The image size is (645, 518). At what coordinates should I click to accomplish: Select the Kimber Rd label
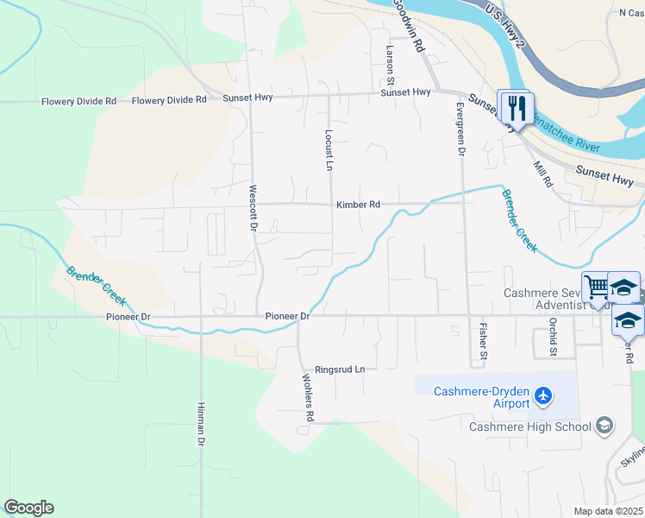358,205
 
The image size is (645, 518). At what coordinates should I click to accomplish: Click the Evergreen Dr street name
460,129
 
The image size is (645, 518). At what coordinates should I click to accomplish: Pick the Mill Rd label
542,174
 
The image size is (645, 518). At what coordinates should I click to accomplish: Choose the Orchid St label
553,337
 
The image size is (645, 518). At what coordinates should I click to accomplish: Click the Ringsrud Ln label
340,369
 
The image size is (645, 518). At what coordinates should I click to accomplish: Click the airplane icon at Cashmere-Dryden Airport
542,396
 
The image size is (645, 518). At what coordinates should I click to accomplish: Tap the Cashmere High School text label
530,426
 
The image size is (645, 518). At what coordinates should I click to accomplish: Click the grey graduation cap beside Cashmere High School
604,426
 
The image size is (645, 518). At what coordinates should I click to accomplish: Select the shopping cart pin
597,286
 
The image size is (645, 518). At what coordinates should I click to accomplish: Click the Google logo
28,508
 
